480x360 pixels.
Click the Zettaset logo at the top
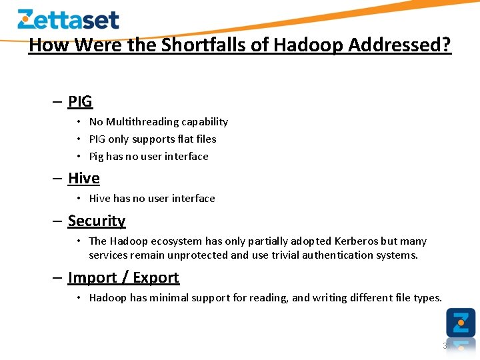click(x=68, y=19)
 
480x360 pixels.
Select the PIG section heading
click(x=80, y=102)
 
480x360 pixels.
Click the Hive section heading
click(x=84, y=179)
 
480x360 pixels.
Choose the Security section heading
click(x=97, y=221)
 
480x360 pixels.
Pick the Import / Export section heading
click(x=123, y=277)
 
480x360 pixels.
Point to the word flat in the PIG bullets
click(x=184, y=139)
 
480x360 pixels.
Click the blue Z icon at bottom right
click(x=461, y=323)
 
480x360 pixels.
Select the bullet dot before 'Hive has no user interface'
click(x=79, y=199)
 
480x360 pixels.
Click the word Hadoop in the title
click(x=308, y=45)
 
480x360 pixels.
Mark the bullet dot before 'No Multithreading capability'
click(x=79, y=122)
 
